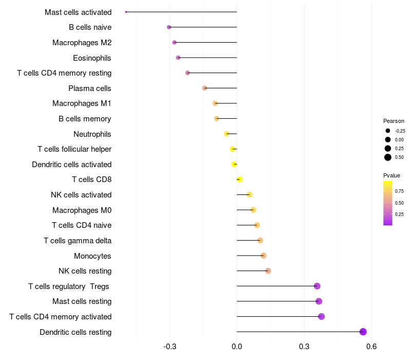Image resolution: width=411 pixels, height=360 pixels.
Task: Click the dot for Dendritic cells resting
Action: pyautogui.click(x=363, y=332)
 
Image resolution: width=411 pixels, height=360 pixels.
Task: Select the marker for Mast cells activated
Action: pyautogui.click(x=126, y=12)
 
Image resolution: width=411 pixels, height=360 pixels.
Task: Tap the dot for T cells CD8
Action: pyautogui.click(x=239, y=179)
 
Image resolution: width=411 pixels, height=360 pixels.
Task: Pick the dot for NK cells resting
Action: pyautogui.click(x=268, y=271)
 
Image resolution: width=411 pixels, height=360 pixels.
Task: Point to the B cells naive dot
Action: pyautogui.click(x=169, y=27)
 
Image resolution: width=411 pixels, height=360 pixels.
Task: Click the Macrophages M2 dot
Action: pyautogui.click(x=174, y=42)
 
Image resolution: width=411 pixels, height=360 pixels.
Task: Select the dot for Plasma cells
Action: pyautogui.click(x=204, y=88)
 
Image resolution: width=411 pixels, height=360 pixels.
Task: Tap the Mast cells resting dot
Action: pyautogui.click(x=319, y=301)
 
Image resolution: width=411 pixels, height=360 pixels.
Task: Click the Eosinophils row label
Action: pyautogui.click(x=92, y=58)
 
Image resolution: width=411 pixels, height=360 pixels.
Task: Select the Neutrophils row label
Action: pyautogui.click(x=92, y=134)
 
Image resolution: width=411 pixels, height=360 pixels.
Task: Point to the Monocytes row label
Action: pyautogui.click(x=92, y=256)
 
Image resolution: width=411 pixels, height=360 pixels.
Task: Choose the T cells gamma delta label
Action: pyautogui.click(x=78, y=241)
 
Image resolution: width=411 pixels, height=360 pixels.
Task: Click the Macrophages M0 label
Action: pyautogui.click(x=82, y=210)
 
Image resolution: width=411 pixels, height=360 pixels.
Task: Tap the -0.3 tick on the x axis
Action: pyautogui.click(x=170, y=347)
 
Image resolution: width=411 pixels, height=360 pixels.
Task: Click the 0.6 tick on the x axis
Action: pyautogui.click(x=371, y=347)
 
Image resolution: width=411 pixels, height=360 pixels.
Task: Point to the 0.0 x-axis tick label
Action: pyautogui.click(x=237, y=347)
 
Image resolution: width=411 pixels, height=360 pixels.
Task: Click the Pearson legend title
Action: pyautogui.click(x=394, y=121)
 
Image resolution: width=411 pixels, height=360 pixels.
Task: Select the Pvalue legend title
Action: pyautogui.click(x=392, y=175)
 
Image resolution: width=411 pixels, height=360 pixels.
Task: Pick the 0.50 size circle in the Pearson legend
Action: pyautogui.click(x=388, y=157)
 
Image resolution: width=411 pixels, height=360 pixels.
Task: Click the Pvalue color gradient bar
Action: pyautogui.click(x=388, y=203)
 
